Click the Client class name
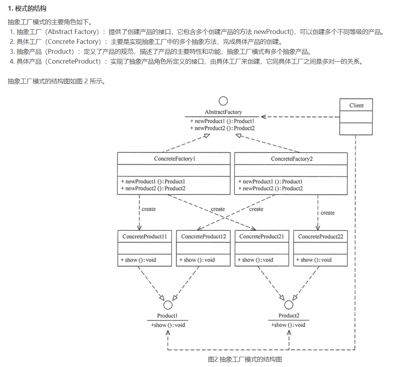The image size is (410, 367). [x=356, y=105]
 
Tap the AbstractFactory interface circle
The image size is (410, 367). [x=223, y=101]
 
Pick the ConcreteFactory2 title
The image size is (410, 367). [x=291, y=159]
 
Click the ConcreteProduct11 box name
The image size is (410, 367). [x=145, y=237]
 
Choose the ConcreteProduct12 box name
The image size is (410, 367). [x=203, y=237]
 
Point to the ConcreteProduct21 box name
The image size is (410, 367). [x=262, y=237]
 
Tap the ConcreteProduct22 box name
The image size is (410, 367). [x=320, y=237]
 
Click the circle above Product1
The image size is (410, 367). [x=168, y=305]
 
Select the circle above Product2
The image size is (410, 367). [x=289, y=305]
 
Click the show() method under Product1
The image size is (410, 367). [x=168, y=325]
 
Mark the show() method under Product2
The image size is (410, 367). [x=288, y=325]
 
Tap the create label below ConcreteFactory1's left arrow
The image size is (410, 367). [x=149, y=209]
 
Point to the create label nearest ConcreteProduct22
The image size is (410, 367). [x=327, y=213]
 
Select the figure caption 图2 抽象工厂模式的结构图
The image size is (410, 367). [x=245, y=359]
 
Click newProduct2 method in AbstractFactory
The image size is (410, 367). [x=222, y=128]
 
